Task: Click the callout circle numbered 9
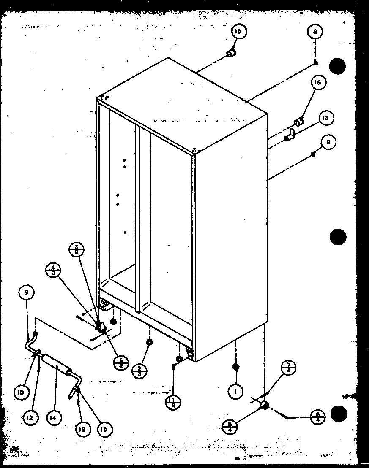(x=27, y=292)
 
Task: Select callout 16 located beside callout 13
(x=317, y=83)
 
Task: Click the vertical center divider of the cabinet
(x=138, y=219)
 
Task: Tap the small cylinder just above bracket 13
(x=298, y=122)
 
